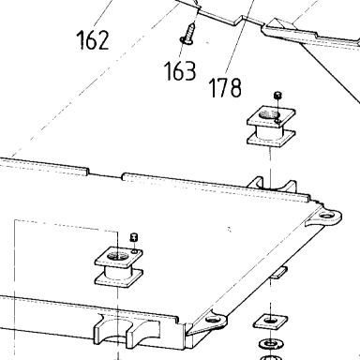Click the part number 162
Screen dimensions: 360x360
pyautogui.click(x=93, y=40)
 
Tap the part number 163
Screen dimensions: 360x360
pyautogui.click(x=180, y=70)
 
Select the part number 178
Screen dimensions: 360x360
pyautogui.click(x=225, y=87)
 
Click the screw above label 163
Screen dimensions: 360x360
pyautogui.click(x=188, y=34)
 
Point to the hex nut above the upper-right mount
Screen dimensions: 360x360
pyautogui.click(x=277, y=95)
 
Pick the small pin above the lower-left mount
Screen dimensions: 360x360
pyautogui.click(x=134, y=237)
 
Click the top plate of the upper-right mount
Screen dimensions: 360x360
pyautogui.click(x=272, y=117)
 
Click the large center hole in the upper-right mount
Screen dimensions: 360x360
pyautogui.click(x=269, y=114)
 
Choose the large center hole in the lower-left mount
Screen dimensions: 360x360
pyautogui.click(x=117, y=256)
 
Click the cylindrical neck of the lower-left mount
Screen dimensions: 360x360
pyautogui.click(x=118, y=272)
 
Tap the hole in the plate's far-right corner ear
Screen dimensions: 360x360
pyautogui.click(x=326, y=216)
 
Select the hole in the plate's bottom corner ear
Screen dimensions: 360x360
pyautogui.click(x=213, y=320)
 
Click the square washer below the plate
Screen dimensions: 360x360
pyautogui.click(x=270, y=322)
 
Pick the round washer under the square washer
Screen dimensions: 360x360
pyautogui.click(x=272, y=344)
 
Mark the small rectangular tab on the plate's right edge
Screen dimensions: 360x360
pyautogui.click(x=278, y=272)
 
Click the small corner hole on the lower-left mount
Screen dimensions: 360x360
pyautogui.click(x=135, y=251)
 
